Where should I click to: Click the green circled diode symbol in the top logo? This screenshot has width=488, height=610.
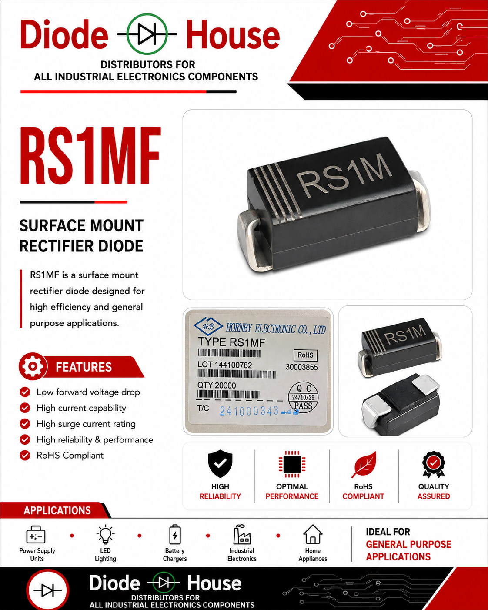click(x=147, y=34)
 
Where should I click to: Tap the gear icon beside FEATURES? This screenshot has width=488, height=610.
click(x=33, y=366)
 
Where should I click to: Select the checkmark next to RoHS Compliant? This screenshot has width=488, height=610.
click(x=25, y=455)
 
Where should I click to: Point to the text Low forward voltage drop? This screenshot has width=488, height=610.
click(x=88, y=392)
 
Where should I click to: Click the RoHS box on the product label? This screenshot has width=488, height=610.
click(x=305, y=355)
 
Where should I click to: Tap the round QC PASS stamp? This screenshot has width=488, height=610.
click(x=303, y=397)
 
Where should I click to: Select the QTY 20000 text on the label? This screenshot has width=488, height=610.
click(x=217, y=385)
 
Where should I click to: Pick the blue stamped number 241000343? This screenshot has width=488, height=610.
click(x=249, y=411)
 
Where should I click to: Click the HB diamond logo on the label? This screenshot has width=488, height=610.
click(x=208, y=327)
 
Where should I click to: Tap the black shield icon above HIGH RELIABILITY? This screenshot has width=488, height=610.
click(x=220, y=463)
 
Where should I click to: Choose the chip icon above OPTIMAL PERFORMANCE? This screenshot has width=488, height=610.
click(x=292, y=464)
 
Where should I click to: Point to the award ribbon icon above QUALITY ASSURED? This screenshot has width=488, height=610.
click(x=434, y=464)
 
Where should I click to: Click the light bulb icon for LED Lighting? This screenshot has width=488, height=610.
click(x=105, y=534)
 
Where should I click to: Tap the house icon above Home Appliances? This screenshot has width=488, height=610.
click(x=313, y=534)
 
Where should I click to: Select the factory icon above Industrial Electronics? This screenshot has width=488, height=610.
click(x=242, y=534)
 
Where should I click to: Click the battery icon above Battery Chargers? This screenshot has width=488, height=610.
click(x=175, y=534)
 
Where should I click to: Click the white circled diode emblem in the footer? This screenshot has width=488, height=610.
click(x=47, y=590)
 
